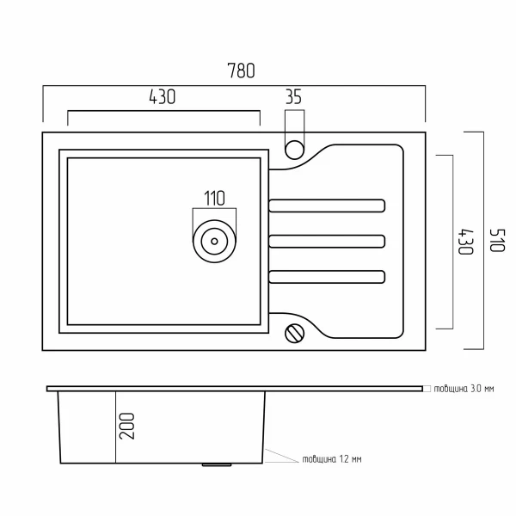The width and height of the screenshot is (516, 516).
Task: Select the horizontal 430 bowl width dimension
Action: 163,97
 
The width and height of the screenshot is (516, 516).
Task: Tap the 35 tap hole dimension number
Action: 293,97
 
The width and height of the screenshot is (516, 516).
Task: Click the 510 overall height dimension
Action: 495,240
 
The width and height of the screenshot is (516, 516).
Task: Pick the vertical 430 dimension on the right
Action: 465,241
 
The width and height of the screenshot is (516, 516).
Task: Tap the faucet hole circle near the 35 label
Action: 294,148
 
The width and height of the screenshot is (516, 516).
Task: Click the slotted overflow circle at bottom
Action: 295,332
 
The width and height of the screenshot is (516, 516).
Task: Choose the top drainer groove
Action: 327,205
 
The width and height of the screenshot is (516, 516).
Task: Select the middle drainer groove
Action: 327,240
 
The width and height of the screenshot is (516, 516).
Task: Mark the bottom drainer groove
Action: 327,276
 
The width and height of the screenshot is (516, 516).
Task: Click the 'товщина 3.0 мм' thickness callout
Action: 464,389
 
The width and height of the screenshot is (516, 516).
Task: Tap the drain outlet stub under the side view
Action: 215,466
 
